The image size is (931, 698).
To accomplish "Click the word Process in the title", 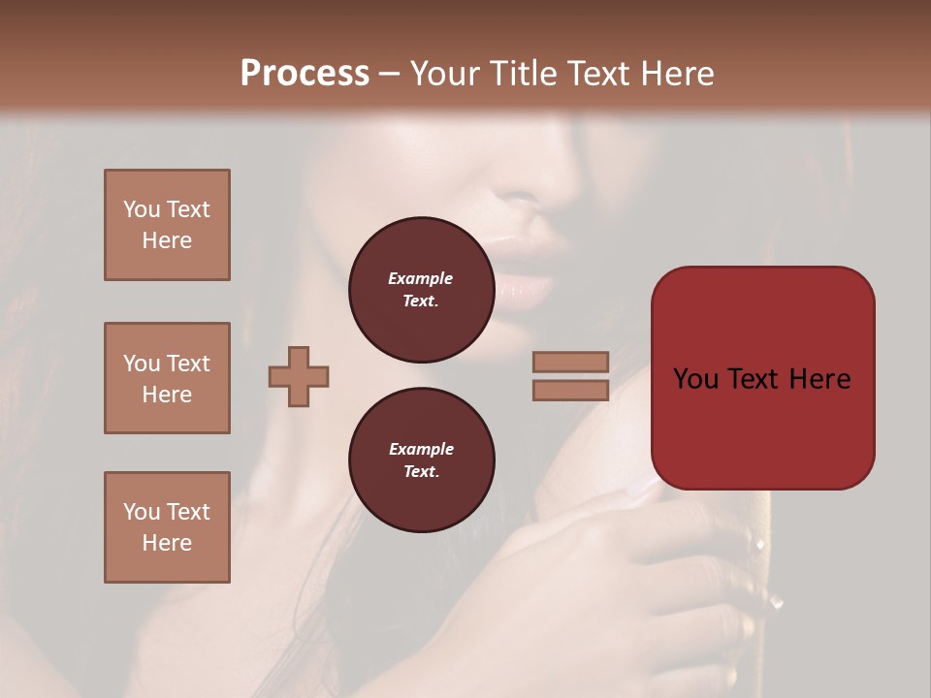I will (305, 74).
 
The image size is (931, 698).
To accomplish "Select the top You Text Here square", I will (167, 225).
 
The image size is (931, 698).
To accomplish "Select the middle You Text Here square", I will (167, 378).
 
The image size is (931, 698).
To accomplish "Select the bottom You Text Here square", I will (167, 527).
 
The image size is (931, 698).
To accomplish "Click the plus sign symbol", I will (299, 376).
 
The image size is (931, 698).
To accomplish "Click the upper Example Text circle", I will (421, 290).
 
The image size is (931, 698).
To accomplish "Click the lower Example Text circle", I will (421, 460).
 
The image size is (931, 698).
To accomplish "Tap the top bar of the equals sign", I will (571, 362).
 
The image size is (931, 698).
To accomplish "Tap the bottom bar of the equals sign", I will (571, 390).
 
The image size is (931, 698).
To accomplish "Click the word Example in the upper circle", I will (421, 278).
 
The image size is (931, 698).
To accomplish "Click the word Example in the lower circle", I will (421, 449).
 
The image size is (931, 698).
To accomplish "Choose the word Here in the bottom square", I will (167, 543).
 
